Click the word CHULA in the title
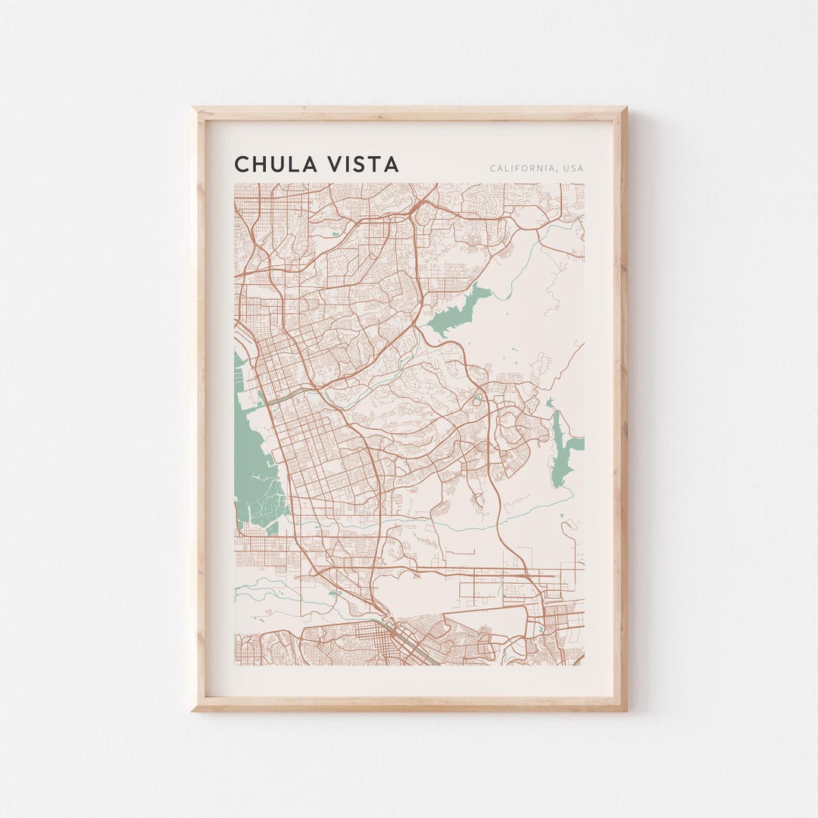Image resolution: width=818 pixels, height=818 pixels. point(274,164)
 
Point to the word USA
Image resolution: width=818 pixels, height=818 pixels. point(573,168)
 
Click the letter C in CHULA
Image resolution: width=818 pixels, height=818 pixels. point(242,164)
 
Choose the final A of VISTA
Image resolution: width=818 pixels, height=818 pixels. point(392,164)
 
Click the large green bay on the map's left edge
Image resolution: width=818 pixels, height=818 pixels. point(254,462)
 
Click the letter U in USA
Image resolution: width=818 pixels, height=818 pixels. point(565,168)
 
